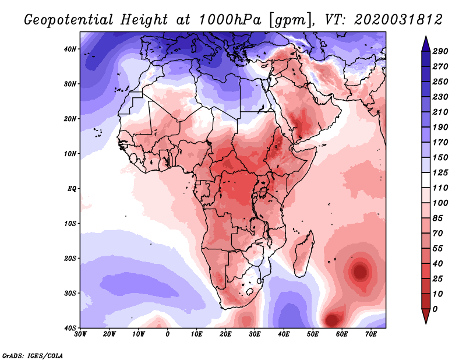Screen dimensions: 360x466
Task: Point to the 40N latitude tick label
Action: coord(70,49)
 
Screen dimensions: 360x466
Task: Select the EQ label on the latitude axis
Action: coord(72,189)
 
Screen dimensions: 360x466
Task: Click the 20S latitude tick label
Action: coord(70,258)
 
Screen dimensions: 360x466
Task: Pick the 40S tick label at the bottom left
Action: coord(70,327)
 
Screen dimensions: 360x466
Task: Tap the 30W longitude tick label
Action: coord(80,334)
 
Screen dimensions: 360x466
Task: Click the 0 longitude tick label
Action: coord(168,334)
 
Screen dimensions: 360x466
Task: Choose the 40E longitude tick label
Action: coord(284,334)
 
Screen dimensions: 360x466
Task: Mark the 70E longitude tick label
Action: coord(371,334)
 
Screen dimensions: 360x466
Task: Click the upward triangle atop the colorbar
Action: coord(426,43)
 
